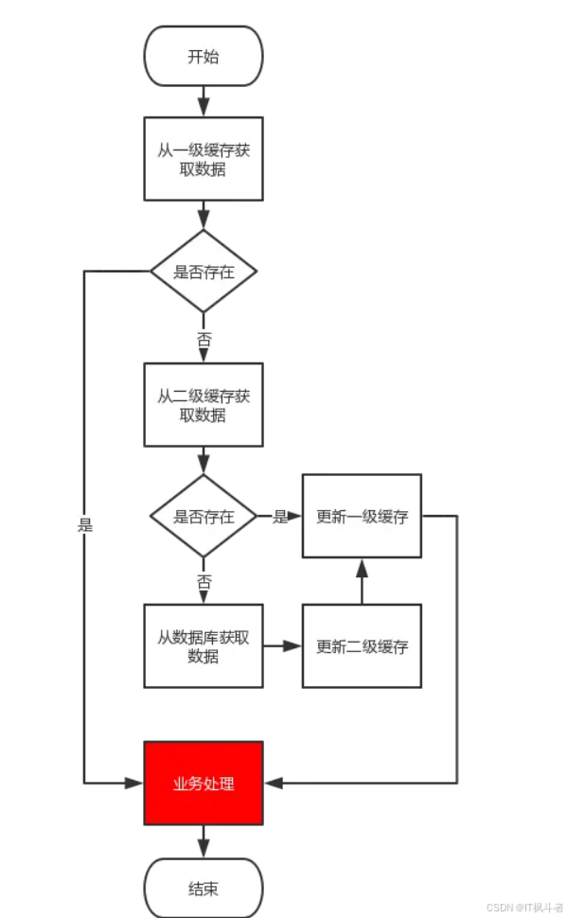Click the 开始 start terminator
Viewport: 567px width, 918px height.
(x=203, y=56)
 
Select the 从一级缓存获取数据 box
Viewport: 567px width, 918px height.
(x=203, y=159)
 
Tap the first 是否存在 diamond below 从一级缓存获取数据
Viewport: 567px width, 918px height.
(x=203, y=272)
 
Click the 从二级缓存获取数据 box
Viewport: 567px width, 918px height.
(x=203, y=404)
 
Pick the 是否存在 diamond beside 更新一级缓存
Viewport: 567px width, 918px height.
(x=203, y=517)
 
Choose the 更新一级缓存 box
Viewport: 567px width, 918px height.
(x=362, y=517)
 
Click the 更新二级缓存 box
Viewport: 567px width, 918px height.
(x=362, y=646)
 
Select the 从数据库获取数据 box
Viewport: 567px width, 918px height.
(x=203, y=646)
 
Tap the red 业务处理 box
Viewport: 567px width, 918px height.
(x=203, y=784)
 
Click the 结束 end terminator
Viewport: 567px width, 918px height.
(x=203, y=889)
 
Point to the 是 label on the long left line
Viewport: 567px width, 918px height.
(x=85, y=525)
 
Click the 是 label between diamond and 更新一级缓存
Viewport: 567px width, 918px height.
(x=280, y=517)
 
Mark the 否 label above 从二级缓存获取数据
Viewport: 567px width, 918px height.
(x=203, y=338)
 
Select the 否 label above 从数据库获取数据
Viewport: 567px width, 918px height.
(x=203, y=582)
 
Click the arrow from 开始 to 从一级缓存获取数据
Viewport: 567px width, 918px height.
(x=203, y=100)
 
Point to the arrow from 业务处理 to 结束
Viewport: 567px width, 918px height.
(x=203, y=841)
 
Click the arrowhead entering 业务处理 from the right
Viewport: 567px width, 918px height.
(x=274, y=784)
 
